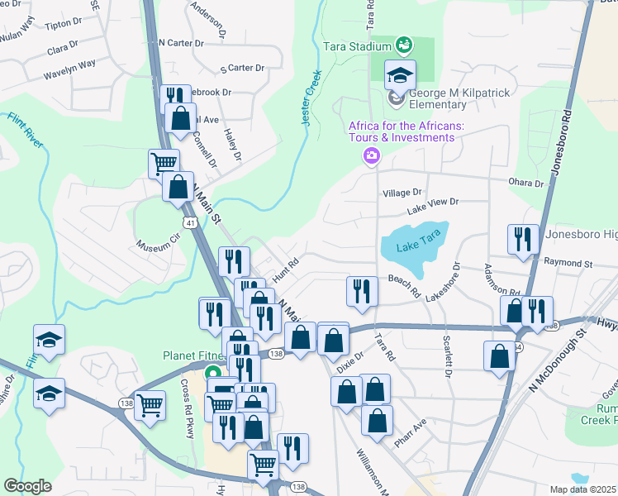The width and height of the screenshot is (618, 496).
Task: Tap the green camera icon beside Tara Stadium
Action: pyautogui.click(x=404, y=44)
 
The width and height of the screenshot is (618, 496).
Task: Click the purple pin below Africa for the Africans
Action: pyautogui.click(x=371, y=155)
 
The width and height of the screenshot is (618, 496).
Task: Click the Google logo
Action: pyautogui.click(x=27, y=486)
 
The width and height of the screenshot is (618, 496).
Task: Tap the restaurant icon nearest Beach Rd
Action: pyautogui.click(x=362, y=292)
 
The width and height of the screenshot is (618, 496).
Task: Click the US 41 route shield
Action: pyautogui.click(x=190, y=223)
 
